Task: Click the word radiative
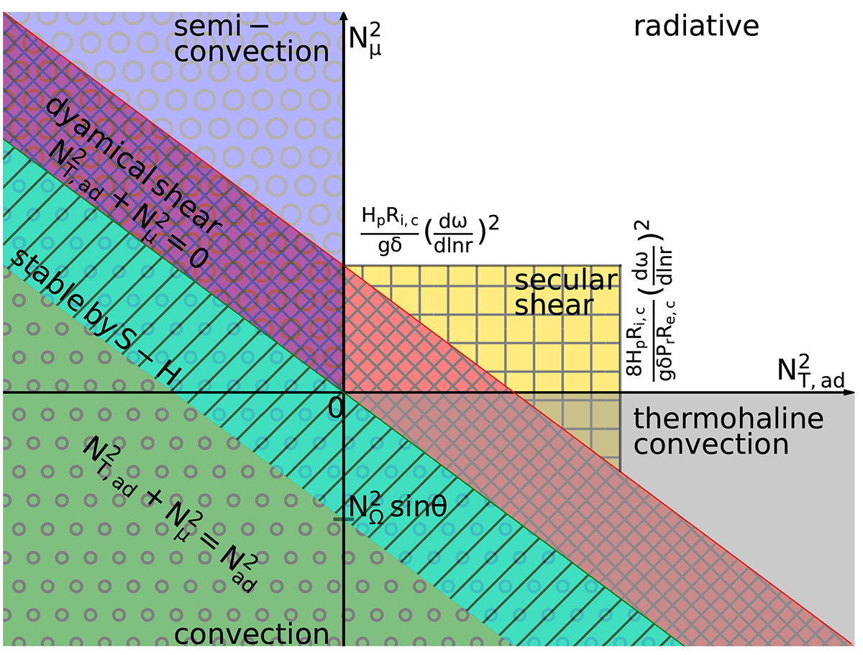[x=696, y=27]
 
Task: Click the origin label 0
[x=334, y=408]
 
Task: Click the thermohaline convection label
[x=711, y=431]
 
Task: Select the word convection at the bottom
[x=252, y=635]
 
